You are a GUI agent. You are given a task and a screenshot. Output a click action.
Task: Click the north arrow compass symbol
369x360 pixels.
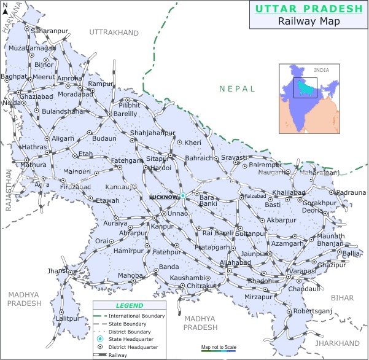[x=5, y=9]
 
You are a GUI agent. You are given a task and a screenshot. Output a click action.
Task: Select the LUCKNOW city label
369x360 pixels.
[x=163, y=197]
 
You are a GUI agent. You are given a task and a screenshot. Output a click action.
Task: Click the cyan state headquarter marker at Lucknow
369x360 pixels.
[x=182, y=196]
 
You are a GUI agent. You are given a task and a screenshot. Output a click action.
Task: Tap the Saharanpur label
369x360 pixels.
[x=51, y=30]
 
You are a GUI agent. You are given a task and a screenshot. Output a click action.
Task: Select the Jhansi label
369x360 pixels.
[x=55, y=270]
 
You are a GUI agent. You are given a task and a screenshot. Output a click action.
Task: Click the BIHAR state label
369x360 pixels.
[x=342, y=297]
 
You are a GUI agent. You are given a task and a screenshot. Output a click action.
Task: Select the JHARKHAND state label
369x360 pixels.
[x=337, y=343]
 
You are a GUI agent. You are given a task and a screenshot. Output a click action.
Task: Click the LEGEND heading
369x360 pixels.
[x=130, y=305]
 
